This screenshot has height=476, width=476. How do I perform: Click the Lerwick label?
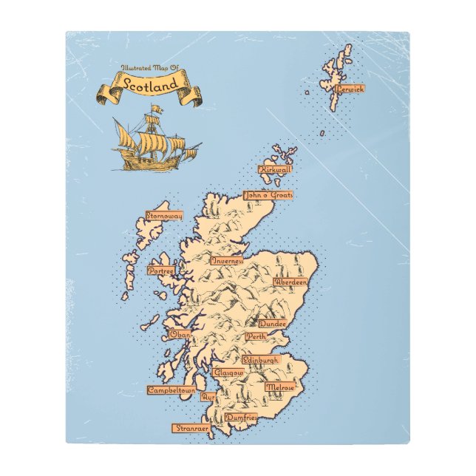(x=350, y=89)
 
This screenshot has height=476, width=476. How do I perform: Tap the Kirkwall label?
(x=276, y=169)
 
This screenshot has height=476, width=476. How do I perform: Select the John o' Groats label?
(x=268, y=196)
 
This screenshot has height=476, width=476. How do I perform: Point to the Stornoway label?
(x=164, y=216)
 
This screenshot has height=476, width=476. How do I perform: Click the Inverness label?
(x=228, y=261)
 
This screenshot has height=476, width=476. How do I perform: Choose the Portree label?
(x=160, y=271)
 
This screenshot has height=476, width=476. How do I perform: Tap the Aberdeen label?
(x=289, y=282)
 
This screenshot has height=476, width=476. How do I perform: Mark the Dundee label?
(x=272, y=324)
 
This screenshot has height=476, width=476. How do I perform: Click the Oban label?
(x=180, y=335)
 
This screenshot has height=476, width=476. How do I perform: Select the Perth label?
(x=256, y=336)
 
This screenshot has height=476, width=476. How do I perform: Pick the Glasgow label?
(x=228, y=373)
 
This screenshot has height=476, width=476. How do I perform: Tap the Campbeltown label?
(x=171, y=390)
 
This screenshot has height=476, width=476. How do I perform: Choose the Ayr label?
(x=208, y=397)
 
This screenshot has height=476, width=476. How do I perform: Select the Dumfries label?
(x=240, y=418)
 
